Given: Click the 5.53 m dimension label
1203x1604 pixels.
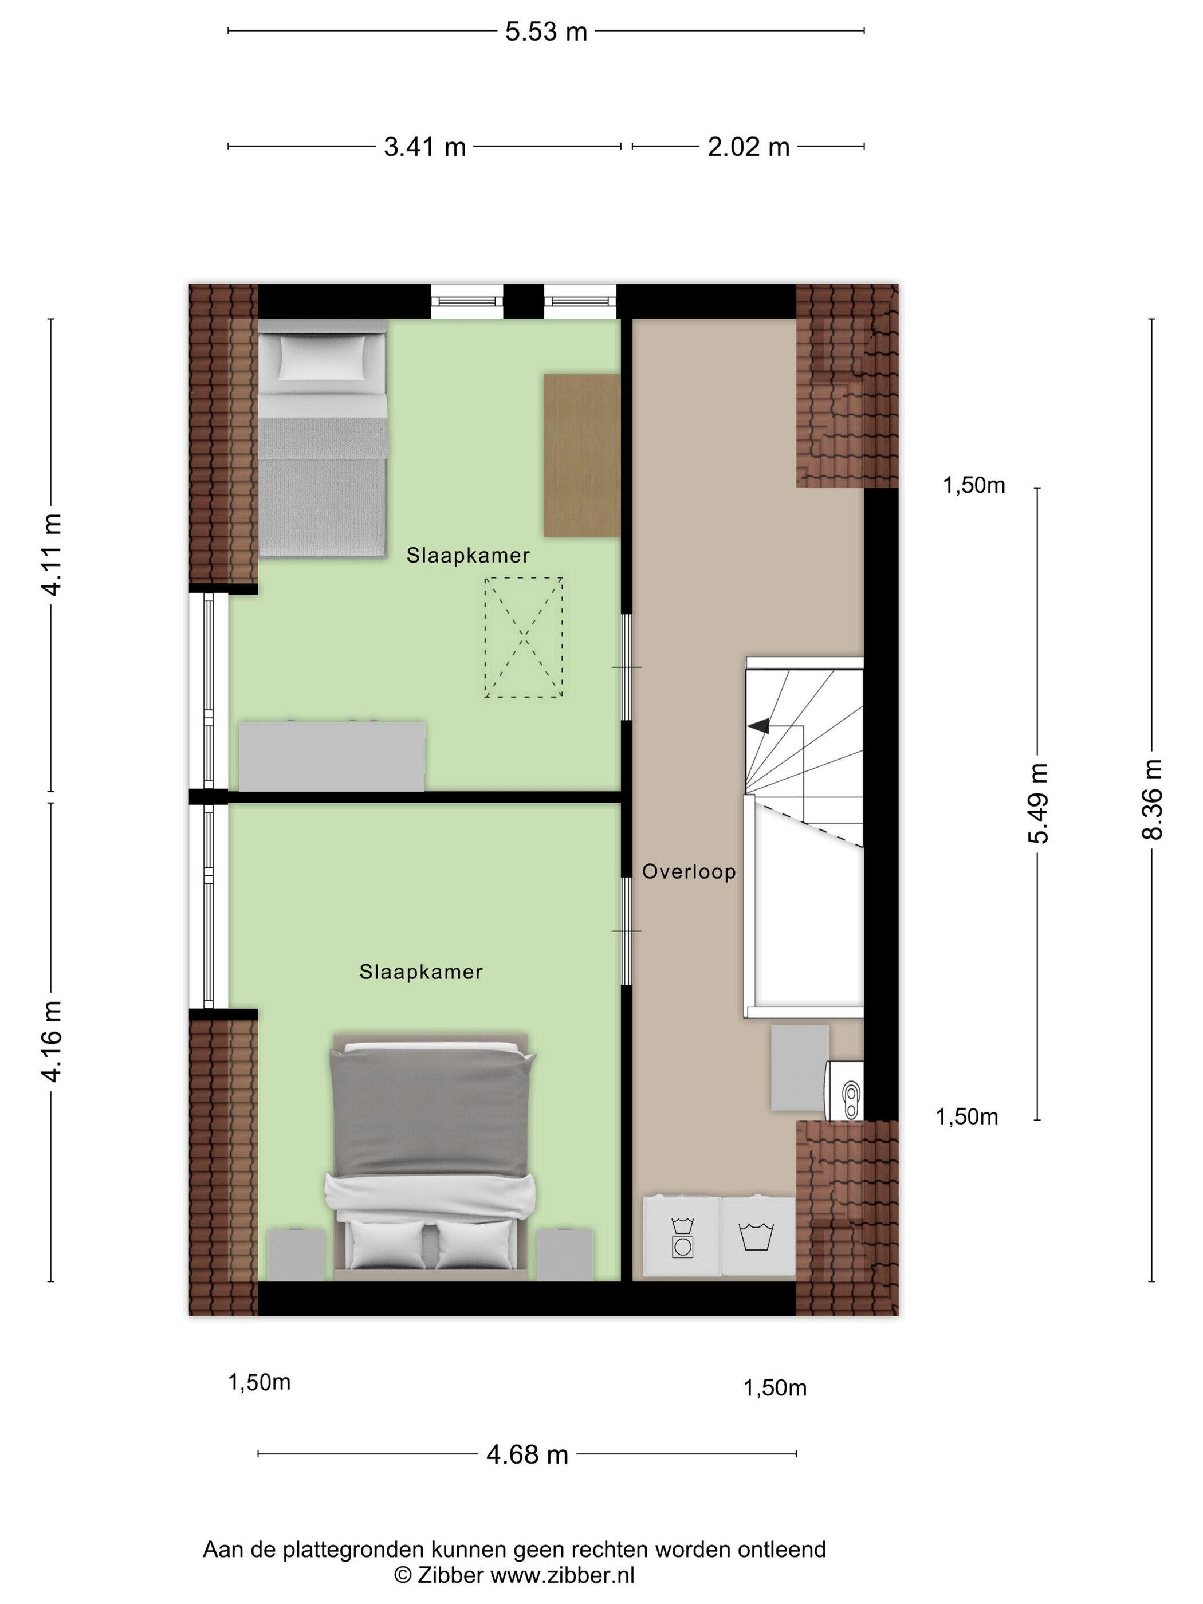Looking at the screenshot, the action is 545,32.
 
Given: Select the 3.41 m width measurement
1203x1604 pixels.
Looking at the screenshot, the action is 424,147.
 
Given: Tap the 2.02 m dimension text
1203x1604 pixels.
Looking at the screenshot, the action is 748,147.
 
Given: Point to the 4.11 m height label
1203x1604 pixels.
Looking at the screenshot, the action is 52,554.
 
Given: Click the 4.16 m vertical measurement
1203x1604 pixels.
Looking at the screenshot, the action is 52,1041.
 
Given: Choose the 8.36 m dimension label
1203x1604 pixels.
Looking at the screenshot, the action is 1152,799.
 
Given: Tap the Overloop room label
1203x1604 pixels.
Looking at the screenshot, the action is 689,872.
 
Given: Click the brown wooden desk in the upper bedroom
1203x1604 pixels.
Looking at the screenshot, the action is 581,455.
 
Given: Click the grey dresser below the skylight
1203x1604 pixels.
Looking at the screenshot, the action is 332,756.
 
